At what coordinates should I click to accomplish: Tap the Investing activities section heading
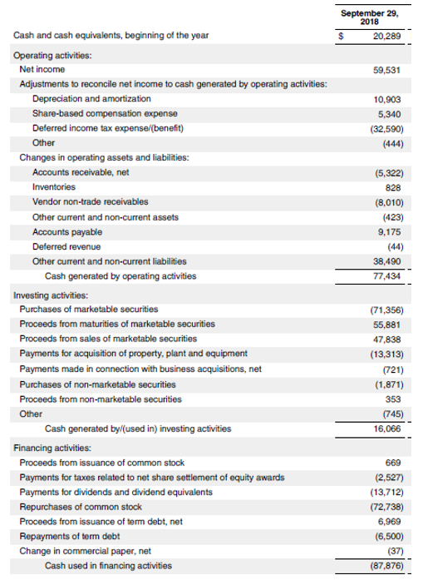coord(51,295)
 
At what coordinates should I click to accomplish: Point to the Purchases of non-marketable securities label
coord(97,384)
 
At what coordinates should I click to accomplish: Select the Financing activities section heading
coord(52,448)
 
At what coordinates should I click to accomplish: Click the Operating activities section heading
coord(52,55)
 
